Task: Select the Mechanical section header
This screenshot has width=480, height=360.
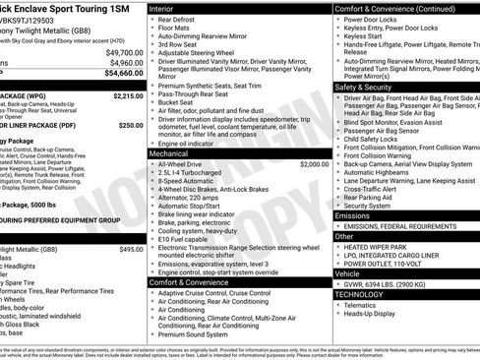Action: click(x=171, y=153)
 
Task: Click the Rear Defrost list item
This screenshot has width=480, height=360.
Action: click(x=177, y=20)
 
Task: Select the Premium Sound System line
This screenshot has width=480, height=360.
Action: click(x=196, y=334)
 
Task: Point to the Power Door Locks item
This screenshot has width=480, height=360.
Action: click(x=374, y=19)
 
